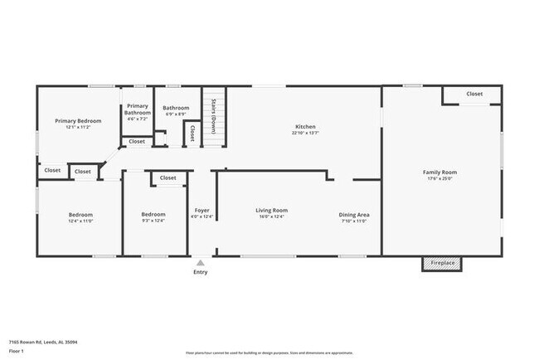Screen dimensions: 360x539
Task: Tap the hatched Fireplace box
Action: point(442,263)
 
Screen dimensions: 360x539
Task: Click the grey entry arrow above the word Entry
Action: point(200,263)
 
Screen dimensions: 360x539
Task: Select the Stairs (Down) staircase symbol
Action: point(214,116)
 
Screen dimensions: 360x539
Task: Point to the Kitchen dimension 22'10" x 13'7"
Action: point(305,133)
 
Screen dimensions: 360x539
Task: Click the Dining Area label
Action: point(354,215)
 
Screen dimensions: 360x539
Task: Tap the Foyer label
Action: point(202,211)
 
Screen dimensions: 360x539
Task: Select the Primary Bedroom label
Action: point(78,121)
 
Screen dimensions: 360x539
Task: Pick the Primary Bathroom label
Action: point(138,109)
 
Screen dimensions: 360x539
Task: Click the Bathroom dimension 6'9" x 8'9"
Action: point(176,114)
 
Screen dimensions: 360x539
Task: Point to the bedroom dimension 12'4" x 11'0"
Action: point(80,221)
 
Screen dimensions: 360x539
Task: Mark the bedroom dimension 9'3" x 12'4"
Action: point(153,221)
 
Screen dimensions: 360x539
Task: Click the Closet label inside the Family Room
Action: point(474,94)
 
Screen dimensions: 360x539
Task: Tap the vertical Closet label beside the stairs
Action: point(193,132)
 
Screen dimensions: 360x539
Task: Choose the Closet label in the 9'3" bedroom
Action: point(168,178)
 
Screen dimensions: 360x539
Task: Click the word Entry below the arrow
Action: point(201,272)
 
